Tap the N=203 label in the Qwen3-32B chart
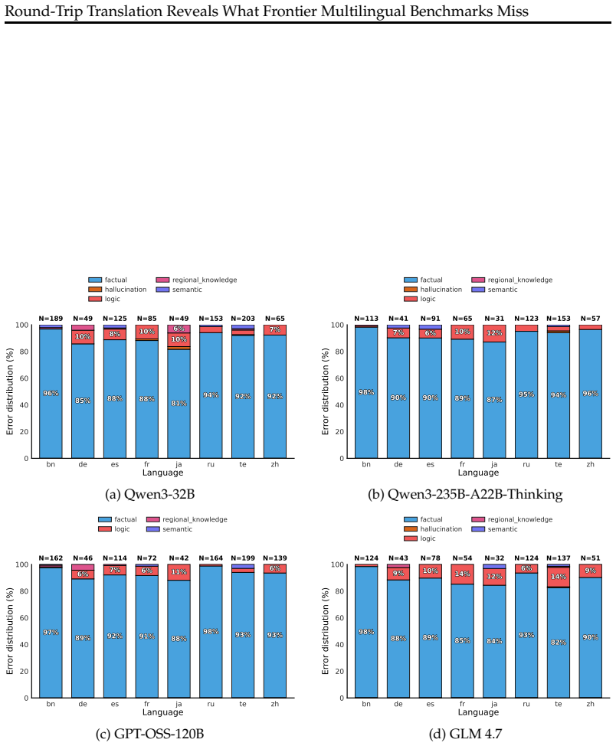pyautogui.click(x=243, y=319)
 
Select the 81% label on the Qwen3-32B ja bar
pyautogui.click(x=179, y=404)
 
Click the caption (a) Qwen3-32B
pyautogui.click(x=150, y=494)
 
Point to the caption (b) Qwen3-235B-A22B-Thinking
pyautogui.click(x=465, y=494)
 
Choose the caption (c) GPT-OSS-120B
pyautogui.click(x=150, y=734)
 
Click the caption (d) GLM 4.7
pyautogui.click(x=465, y=734)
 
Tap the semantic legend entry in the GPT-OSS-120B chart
pyautogui.click(x=169, y=529)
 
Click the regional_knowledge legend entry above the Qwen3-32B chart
pyautogui.click(x=196, y=280)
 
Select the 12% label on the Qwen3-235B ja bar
pyautogui.click(x=494, y=333)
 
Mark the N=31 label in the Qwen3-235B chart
pyautogui.click(x=494, y=319)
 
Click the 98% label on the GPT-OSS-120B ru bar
pyautogui.click(x=211, y=631)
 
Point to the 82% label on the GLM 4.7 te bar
pyautogui.click(x=559, y=643)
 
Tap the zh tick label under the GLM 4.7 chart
pyautogui.click(x=590, y=704)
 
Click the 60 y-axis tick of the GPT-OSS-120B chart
pyautogui.click(x=23, y=617)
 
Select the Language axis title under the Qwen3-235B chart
pyautogui.click(x=478, y=473)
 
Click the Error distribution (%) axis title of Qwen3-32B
pyautogui.click(x=9, y=391)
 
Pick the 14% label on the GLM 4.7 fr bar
pyautogui.click(x=462, y=574)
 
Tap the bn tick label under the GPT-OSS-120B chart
pyautogui.click(x=51, y=704)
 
